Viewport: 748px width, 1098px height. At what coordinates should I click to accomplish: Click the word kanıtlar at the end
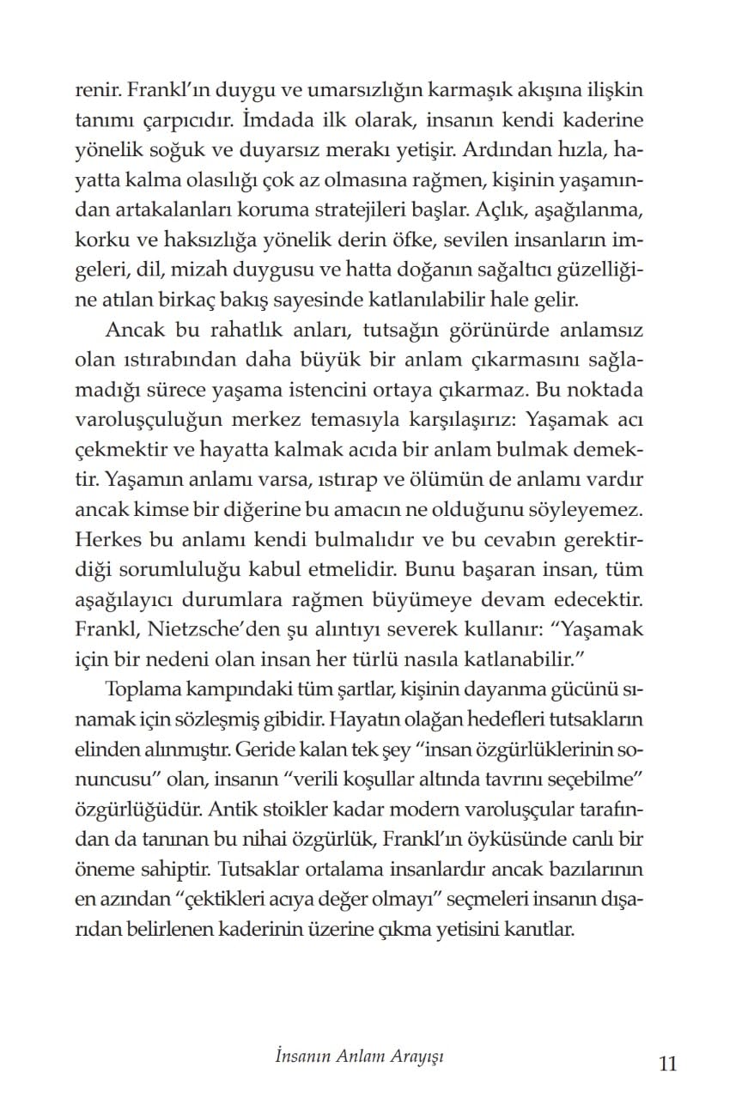[x=542, y=929]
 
